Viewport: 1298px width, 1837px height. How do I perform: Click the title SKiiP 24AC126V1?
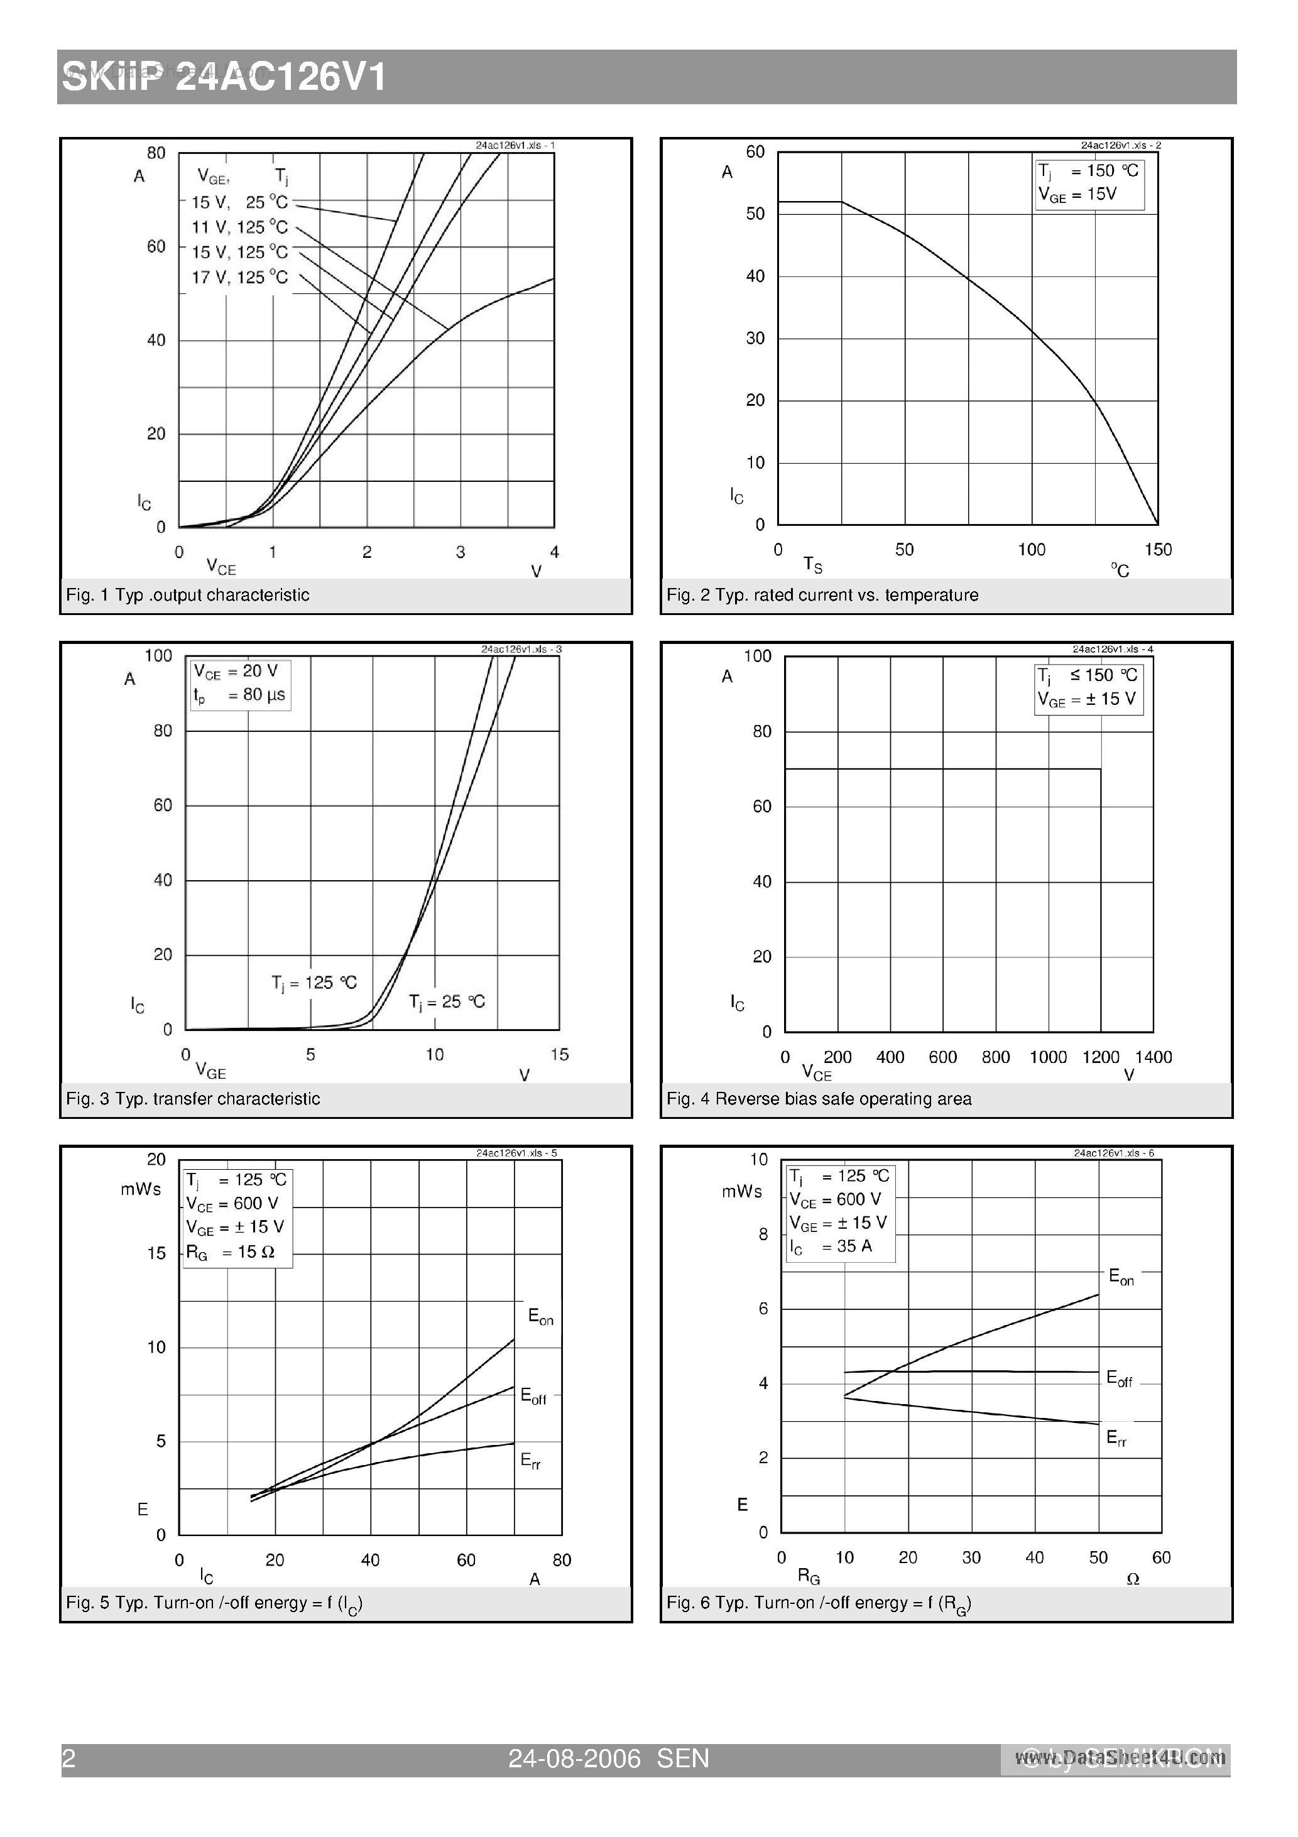pos(225,79)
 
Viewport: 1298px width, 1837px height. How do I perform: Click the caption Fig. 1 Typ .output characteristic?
pos(187,595)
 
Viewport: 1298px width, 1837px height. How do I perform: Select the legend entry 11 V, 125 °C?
pos(239,227)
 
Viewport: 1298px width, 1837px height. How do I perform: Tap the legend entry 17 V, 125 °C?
pos(239,278)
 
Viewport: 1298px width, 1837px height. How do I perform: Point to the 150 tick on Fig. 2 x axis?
pos(1158,550)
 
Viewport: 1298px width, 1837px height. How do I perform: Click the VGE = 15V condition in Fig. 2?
pos(1077,194)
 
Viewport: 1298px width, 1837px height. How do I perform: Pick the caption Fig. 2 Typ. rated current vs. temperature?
pos(822,595)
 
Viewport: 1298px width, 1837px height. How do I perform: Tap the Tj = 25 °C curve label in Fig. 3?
pos(447,1001)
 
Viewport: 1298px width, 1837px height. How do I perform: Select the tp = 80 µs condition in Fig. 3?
pos(239,695)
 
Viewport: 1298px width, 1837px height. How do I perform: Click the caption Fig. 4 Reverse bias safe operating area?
pos(819,1099)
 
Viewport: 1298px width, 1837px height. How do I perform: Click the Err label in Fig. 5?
pos(530,1460)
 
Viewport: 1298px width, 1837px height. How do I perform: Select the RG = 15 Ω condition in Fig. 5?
pos(231,1252)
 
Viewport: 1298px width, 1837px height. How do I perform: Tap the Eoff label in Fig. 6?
pos(1119,1378)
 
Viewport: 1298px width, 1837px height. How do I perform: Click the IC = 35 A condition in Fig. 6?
pos(831,1246)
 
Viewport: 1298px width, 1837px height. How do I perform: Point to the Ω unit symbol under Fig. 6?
pos(1132,1579)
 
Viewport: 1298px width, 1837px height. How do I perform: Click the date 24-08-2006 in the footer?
pos(575,1758)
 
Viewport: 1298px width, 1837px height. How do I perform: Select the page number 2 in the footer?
pos(69,1758)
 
